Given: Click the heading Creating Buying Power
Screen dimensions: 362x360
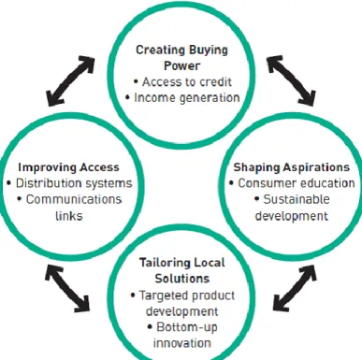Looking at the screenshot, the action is pyautogui.click(x=182, y=58).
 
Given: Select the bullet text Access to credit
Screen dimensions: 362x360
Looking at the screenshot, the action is pyautogui.click(x=187, y=82).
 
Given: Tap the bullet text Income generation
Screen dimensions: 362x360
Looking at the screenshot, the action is pyautogui.click(x=187, y=98).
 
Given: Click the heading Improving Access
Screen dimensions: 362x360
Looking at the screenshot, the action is pyautogui.click(x=68, y=167).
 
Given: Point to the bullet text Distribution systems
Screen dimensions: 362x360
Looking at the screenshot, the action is pyautogui.click(x=74, y=183).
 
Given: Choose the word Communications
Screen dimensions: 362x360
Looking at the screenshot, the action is pyautogui.click(x=74, y=199).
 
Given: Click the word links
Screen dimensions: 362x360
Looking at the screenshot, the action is pyautogui.click(x=69, y=215).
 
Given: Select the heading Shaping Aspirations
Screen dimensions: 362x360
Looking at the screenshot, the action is pyautogui.click(x=292, y=167).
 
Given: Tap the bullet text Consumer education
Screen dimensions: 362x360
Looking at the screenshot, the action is pyautogui.click(x=297, y=183).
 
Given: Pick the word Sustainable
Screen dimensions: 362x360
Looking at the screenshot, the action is pyautogui.click(x=297, y=199).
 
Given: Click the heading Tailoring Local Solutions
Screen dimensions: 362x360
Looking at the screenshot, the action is pyautogui.click(x=182, y=270).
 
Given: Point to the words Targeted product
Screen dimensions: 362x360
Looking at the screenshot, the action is pyautogui.click(x=187, y=295).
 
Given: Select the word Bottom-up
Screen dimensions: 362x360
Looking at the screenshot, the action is pyautogui.click(x=187, y=327).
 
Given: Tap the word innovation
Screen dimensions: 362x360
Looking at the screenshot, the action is pyautogui.click(x=182, y=343).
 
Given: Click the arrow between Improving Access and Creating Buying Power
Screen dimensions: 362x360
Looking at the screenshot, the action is pyautogui.click(x=70, y=80).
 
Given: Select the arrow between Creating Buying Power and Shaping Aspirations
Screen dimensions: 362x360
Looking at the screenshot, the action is pyautogui.click(x=291, y=79).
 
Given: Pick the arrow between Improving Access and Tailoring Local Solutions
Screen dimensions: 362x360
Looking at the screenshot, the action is pyautogui.click(x=67, y=288).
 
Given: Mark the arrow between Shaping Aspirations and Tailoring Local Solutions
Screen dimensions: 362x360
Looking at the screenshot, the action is pyautogui.click(x=295, y=288).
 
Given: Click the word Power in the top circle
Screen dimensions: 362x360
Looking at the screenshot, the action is pyautogui.click(x=182, y=65).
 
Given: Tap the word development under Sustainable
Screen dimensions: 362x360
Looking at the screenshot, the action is pyautogui.click(x=292, y=216).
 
